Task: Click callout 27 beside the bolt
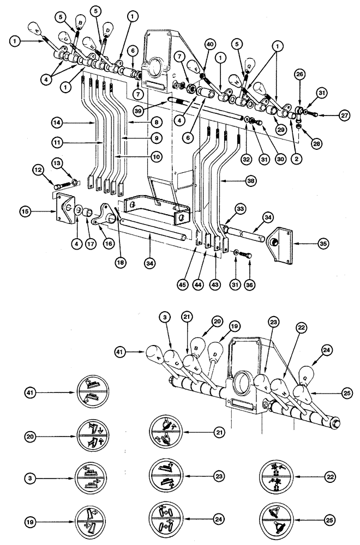tap(343, 114)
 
